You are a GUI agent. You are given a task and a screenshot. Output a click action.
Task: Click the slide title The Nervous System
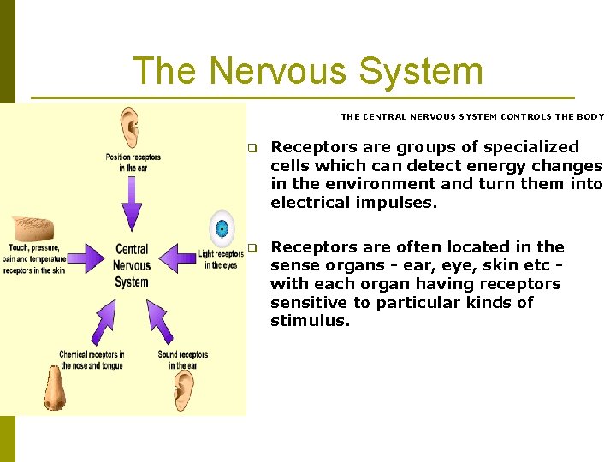pos(308,71)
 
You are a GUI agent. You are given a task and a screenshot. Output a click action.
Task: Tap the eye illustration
pos(222,228)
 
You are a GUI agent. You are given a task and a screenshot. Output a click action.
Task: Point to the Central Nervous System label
pos(132,265)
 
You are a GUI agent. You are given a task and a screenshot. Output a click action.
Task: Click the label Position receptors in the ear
pos(133,163)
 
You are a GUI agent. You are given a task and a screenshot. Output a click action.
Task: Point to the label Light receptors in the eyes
pos(221,259)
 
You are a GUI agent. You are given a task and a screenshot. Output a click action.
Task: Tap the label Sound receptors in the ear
pos(182,360)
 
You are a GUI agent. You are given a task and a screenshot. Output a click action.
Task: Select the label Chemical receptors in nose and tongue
pos(92,360)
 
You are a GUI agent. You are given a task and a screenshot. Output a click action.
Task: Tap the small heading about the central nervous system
pos(472,117)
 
